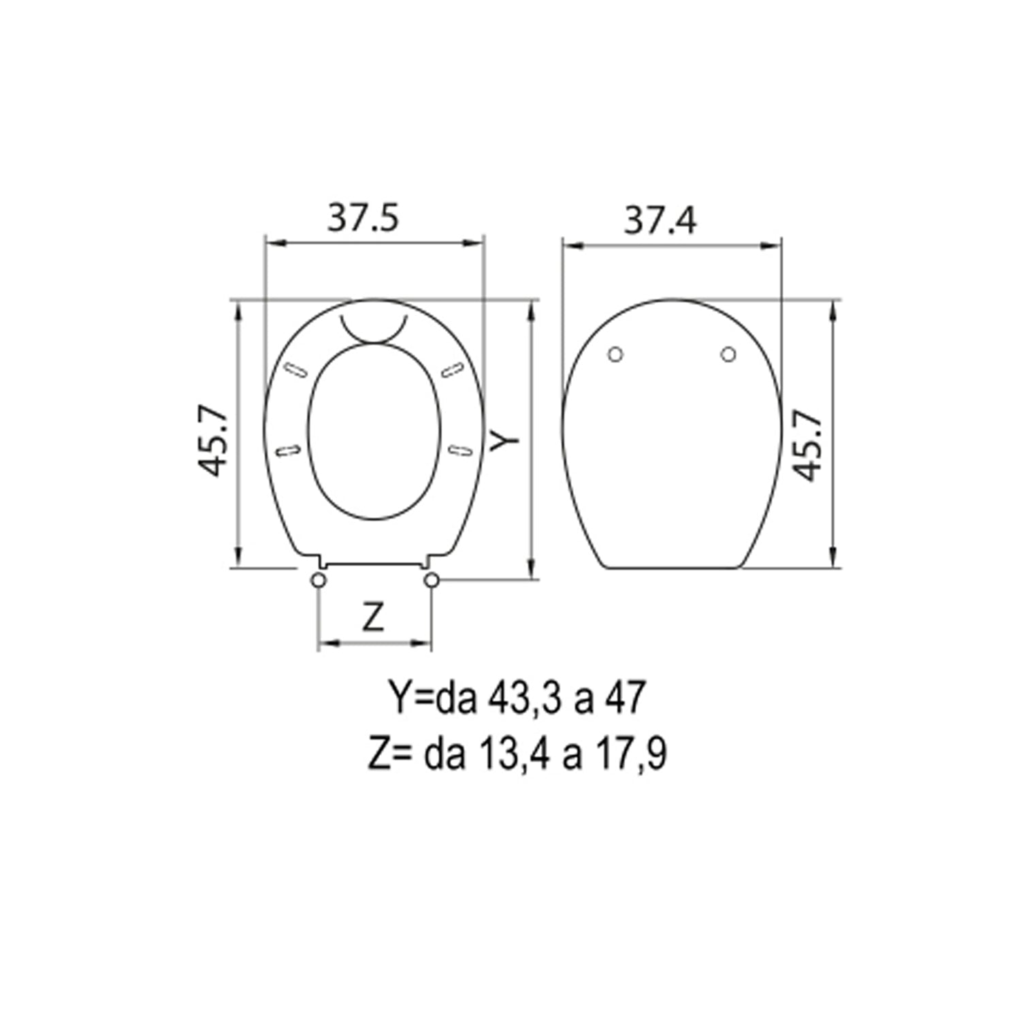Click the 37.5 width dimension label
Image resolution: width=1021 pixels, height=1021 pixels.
click(x=363, y=218)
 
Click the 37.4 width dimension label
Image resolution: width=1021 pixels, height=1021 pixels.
click(x=660, y=220)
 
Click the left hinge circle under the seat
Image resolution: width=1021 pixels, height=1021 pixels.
click(x=318, y=580)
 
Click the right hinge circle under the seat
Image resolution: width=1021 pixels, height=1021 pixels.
click(x=432, y=580)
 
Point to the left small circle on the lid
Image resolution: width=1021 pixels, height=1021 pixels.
click(x=615, y=355)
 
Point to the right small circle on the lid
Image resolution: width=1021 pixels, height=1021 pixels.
click(x=728, y=355)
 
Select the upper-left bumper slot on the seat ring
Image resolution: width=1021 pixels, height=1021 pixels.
click(x=295, y=370)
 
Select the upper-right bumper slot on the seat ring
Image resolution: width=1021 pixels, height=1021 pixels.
click(x=452, y=370)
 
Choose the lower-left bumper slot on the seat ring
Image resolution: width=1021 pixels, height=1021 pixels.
click(x=288, y=450)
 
